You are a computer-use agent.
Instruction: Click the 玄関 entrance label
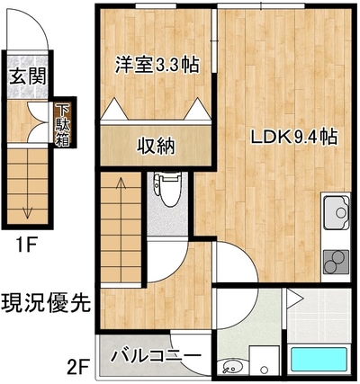coord(28,76)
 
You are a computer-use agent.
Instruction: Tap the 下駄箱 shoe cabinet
coord(62,125)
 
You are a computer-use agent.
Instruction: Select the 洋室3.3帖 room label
coord(157,65)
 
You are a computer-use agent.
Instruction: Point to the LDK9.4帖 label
coord(294,138)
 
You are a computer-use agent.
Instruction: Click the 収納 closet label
coord(156,147)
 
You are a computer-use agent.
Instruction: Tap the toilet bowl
coord(167,189)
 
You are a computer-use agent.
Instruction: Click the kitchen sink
coord(336,211)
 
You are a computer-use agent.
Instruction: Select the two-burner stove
coord(336,262)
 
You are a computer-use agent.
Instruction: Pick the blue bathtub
coord(319,360)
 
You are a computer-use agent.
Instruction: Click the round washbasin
coord(230,366)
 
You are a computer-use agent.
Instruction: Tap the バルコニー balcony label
coord(156,356)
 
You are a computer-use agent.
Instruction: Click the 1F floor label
coord(26,246)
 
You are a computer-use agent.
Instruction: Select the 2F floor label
coord(77,367)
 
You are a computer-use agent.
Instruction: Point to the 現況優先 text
coord(46,302)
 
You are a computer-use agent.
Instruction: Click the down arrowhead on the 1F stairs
coord(28,214)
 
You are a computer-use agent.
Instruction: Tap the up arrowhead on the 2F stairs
coord(121,181)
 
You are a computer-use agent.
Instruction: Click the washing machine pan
coord(265,360)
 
